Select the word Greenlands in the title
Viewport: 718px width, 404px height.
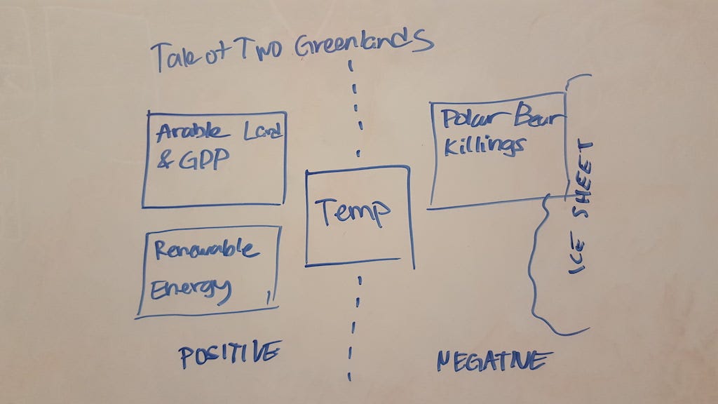(x=364, y=44)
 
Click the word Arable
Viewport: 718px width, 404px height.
(x=192, y=132)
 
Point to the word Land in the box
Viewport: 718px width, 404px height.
(x=262, y=131)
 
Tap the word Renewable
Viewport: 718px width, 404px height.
(x=207, y=250)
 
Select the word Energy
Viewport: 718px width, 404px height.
(x=191, y=290)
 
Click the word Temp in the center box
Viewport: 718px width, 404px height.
(x=352, y=213)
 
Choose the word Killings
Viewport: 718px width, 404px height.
(x=485, y=147)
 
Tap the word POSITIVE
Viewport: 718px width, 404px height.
(x=229, y=354)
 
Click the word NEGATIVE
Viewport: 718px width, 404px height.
(x=494, y=361)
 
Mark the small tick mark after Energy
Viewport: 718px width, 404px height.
(x=269, y=297)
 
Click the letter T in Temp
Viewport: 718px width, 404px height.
(x=327, y=211)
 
